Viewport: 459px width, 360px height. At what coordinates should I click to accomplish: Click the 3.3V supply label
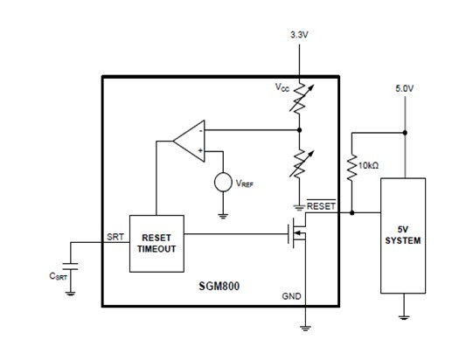(299, 35)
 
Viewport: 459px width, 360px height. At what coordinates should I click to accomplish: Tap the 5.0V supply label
(405, 88)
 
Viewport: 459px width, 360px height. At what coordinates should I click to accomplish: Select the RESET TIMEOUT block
(156, 244)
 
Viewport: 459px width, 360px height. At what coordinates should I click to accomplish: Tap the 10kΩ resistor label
(369, 165)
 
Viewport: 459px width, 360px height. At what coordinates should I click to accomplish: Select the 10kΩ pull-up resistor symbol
(351, 167)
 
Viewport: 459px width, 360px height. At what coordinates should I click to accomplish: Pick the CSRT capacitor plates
(70, 267)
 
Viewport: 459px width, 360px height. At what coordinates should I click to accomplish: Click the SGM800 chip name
(219, 286)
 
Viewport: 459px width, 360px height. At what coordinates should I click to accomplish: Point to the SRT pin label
(115, 237)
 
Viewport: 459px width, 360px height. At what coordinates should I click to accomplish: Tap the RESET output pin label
(321, 205)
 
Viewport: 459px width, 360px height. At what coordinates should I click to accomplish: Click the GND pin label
(291, 296)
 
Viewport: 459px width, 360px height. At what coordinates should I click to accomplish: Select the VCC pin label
(282, 87)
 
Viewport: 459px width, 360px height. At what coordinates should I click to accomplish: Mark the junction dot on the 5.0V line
(405, 133)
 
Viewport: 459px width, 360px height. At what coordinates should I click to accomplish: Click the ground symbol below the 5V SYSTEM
(403, 317)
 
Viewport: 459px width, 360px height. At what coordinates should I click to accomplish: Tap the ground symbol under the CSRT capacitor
(70, 294)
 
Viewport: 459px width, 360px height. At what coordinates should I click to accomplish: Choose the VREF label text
(245, 183)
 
